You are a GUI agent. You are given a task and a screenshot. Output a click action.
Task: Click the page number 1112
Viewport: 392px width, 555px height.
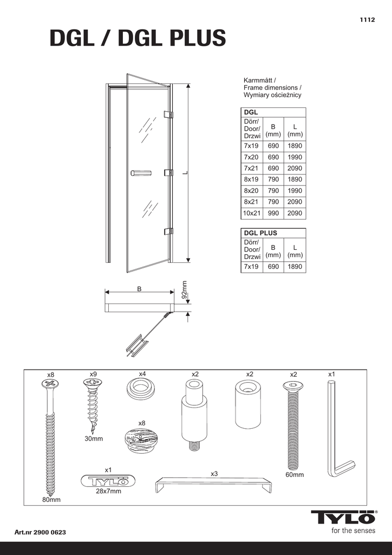click(368, 20)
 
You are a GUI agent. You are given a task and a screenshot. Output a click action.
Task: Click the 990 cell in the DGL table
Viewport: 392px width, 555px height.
click(273, 214)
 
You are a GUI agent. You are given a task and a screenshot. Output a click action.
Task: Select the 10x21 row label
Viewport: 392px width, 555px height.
click(252, 214)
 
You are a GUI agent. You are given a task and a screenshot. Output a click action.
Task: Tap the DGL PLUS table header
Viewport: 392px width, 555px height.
click(261, 233)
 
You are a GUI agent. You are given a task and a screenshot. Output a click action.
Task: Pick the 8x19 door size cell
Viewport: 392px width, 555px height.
click(251, 179)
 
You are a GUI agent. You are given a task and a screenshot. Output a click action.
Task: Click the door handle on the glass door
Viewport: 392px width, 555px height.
click(140, 173)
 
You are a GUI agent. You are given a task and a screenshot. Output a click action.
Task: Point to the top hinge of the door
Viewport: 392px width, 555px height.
click(168, 115)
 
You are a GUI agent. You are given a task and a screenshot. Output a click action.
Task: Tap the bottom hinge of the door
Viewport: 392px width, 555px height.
click(168, 231)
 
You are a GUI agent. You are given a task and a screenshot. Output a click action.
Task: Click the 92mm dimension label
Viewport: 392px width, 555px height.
click(184, 290)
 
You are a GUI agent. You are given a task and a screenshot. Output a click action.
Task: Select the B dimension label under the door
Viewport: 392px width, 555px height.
click(139, 289)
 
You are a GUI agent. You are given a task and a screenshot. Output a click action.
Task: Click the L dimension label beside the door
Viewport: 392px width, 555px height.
click(185, 173)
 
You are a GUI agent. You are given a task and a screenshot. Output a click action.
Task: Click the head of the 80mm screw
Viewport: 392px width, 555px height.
click(50, 384)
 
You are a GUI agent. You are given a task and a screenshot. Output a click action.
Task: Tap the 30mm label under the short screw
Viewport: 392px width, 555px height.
click(93, 439)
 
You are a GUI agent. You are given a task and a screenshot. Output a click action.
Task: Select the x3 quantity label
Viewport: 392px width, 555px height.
click(214, 474)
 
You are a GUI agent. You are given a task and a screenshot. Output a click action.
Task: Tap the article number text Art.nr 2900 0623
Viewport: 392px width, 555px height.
click(41, 532)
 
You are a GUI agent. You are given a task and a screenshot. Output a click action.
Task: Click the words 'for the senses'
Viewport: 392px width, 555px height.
click(353, 530)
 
